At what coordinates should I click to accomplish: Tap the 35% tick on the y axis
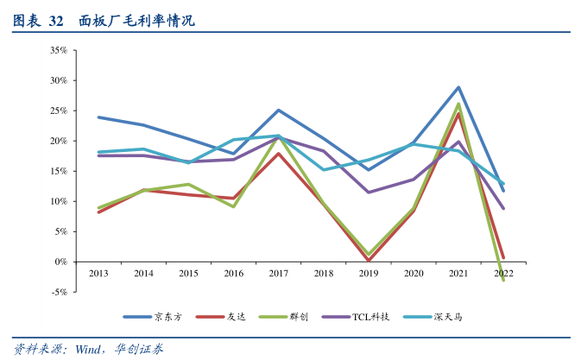[59, 50]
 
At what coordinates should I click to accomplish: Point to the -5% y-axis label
[59, 292]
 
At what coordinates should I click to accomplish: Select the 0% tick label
[60, 262]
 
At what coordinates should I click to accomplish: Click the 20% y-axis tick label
[59, 141]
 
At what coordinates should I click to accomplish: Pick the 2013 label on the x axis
[98, 274]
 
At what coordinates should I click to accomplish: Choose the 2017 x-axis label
[278, 274]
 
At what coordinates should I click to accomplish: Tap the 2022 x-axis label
[503, 274]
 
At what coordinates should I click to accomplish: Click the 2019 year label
[369, 274]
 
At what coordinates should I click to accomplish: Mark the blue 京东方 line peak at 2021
[458, 87]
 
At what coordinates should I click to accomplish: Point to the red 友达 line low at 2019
[369, 260]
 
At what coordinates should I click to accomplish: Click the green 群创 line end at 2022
[503, 280]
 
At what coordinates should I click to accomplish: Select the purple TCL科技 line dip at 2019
[369, 192]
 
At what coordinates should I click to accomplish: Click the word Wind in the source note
[89, 349]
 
